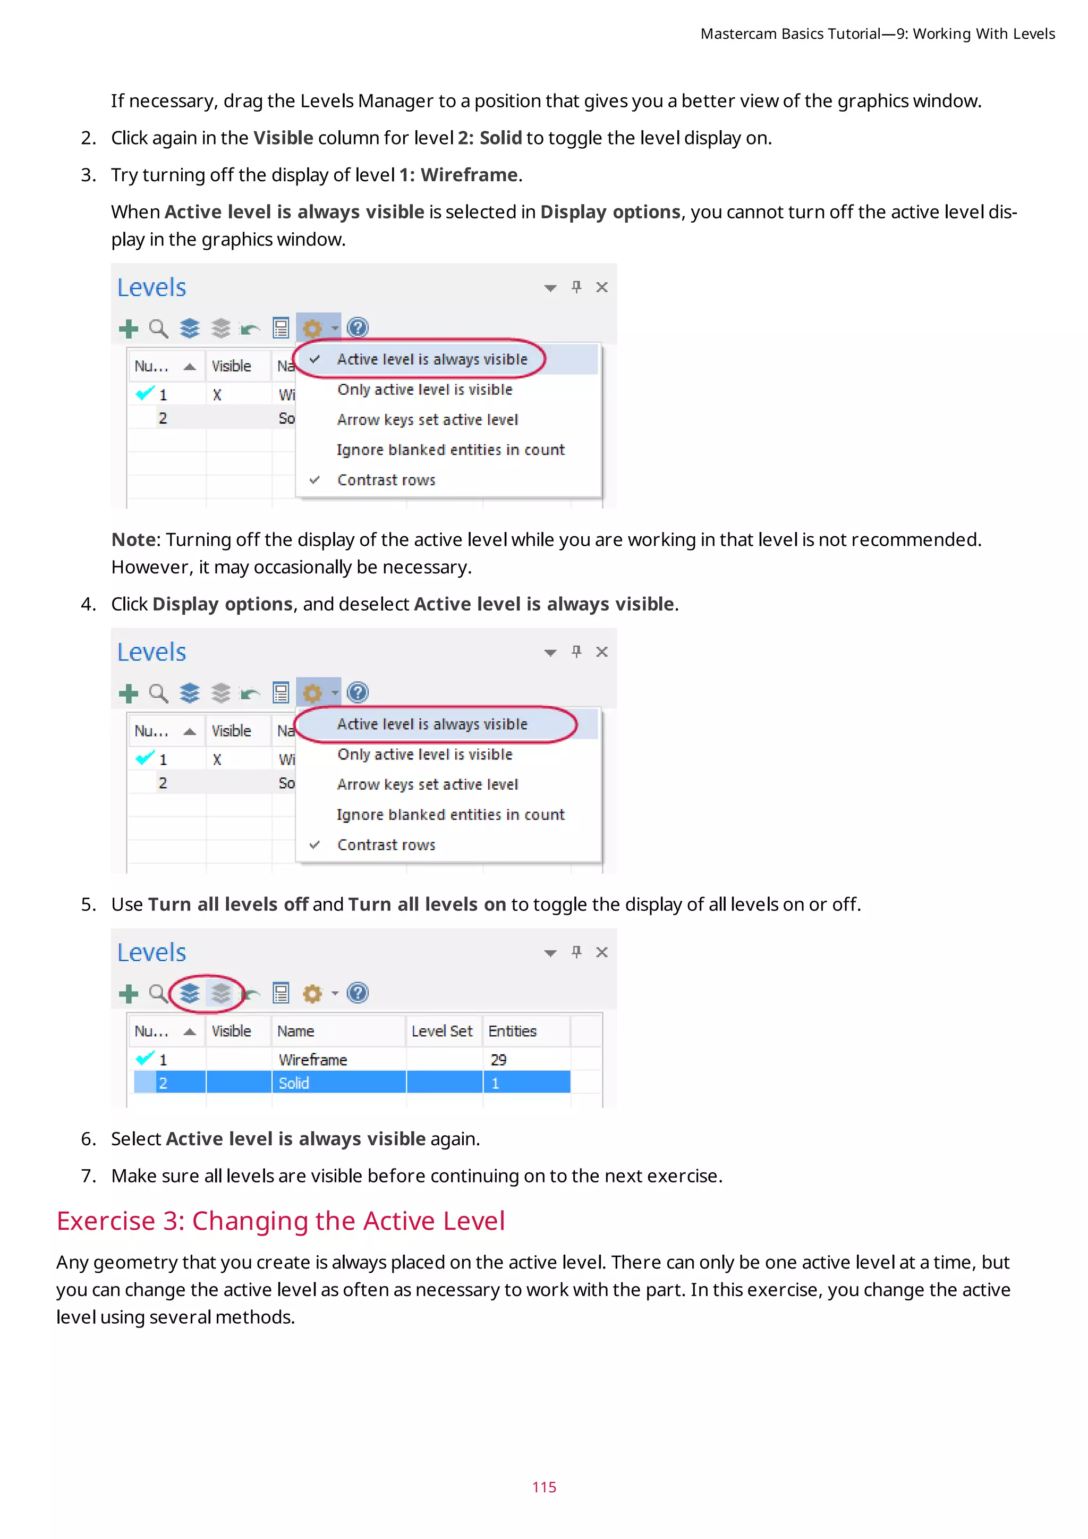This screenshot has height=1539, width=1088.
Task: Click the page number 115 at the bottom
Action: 544,1487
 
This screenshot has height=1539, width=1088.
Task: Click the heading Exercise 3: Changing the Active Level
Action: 280,1221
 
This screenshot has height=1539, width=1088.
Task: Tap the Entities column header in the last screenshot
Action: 513,1031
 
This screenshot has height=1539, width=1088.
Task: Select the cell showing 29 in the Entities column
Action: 498,1060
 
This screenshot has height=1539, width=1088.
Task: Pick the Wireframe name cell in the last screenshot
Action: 313,1060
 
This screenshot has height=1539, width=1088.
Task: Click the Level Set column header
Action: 441,1031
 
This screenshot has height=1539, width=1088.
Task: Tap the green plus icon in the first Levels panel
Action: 128,328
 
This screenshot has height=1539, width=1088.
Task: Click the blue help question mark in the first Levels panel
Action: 358,327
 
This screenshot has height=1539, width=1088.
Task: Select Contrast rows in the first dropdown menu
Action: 386,480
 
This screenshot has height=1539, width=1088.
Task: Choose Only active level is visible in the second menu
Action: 425,754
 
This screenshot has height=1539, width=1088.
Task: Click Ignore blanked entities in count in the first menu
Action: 450,450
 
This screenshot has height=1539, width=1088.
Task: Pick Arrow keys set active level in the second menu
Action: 428,784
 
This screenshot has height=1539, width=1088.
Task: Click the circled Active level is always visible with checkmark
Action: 431,359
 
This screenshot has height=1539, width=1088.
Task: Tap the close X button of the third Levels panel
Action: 601,952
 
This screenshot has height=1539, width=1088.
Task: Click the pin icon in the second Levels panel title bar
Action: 576,652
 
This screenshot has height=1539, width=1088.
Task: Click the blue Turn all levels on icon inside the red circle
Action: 190,993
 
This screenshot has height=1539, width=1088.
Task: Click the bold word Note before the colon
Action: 133,539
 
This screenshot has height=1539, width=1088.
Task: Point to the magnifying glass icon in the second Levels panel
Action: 159,692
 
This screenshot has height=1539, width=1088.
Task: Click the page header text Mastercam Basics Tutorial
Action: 790,33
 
